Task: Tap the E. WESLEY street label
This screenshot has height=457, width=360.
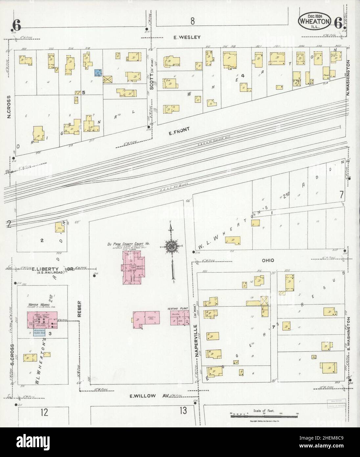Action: (x=187, y=37)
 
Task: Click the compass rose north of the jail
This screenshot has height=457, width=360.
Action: (x=172, y=246)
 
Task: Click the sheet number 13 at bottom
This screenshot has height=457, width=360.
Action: (x=183, y=410)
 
